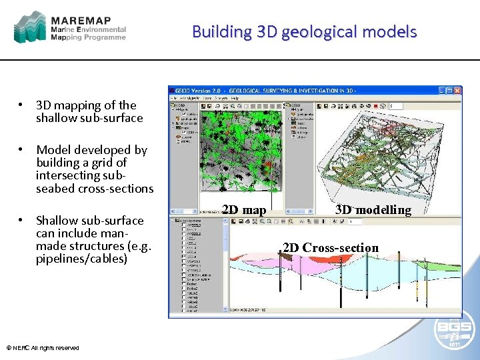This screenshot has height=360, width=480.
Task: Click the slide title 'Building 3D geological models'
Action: tap(305, 31)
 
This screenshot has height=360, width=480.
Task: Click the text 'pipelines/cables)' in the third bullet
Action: tap(81, 258)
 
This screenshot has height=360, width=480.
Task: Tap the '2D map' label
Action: tap(244, 210)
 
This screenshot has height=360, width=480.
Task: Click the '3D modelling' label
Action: tap(373, 210)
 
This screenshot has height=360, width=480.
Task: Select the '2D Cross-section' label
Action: tap(331, 248)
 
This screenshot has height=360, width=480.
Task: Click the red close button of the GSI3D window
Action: tap(457, 89)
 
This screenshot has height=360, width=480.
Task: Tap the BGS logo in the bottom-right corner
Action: tap(455, 331)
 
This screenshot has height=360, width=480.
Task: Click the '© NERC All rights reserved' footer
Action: tap(43, 347)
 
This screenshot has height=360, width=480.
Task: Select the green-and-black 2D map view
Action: tap(243, 153)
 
